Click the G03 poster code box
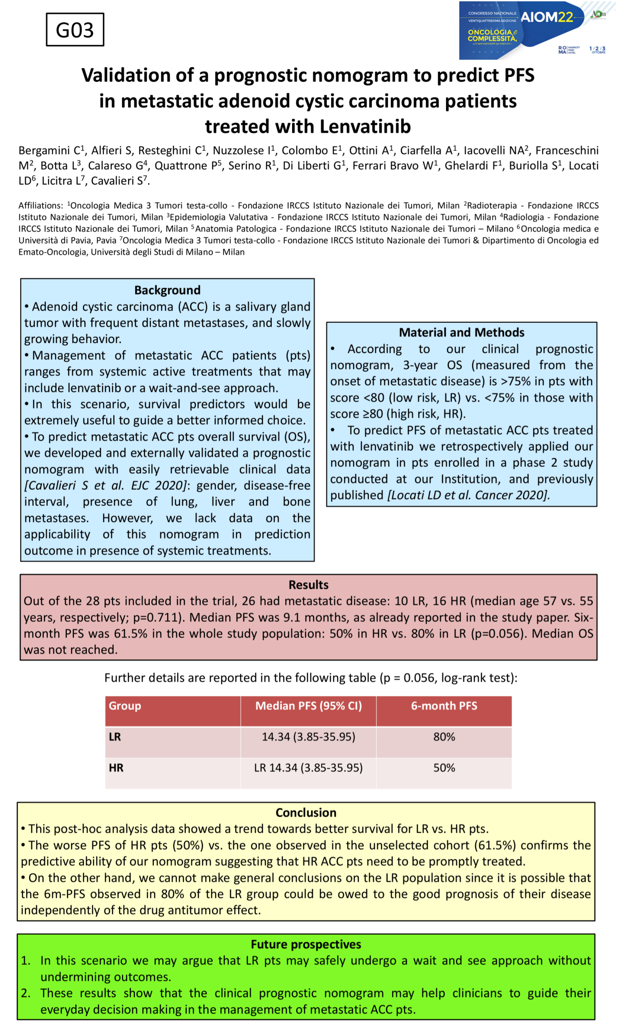click(75, 30)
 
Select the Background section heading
click(167, 290)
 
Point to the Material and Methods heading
click(461, 332)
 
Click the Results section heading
click(309, 585)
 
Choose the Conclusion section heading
click(306, 812)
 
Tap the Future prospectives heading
click(306, 944)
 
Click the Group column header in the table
click(125, 705)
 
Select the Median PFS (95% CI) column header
click(309, 705)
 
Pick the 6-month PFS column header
click(444, 705)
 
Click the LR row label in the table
click(115, 737)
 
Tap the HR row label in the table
click(117, 768)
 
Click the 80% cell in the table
click(444, 737)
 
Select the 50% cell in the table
click(444, 768)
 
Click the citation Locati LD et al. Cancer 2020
click(468, 495)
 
